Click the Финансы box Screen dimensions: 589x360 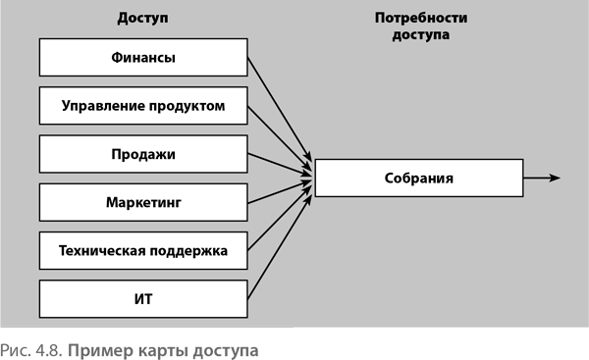(x=143, y=58)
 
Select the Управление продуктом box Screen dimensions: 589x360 (x=143, y=106)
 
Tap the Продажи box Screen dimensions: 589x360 (x=143, y=154)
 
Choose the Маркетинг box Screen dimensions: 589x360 (x=143, y=202)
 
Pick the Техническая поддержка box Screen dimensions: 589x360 (x=143, y=251)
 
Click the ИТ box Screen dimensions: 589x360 (x=143, y=299)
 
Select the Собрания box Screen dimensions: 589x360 (x=419, y=178)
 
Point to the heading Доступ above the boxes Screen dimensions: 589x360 (x=142, y=18)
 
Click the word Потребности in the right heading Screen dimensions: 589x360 (x=421, y=18)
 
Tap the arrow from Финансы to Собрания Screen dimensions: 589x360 (x=280, y=109)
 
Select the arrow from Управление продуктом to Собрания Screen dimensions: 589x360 (x=280, y=137)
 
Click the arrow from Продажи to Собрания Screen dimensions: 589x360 (x=280, y=165)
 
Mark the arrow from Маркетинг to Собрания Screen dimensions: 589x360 (x=280, y=192)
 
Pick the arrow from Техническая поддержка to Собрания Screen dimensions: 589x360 (x=280, y=218)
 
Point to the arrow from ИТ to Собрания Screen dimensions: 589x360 (x=280, y=247)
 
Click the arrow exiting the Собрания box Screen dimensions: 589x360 (x=542, y=178)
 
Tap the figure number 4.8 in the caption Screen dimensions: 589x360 (x=48, y=350)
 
